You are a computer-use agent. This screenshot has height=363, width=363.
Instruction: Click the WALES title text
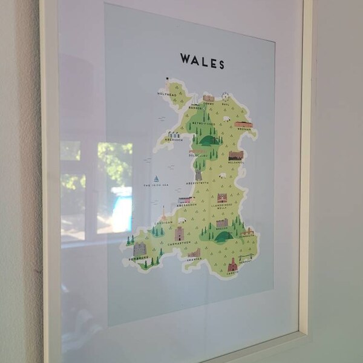[x=202, y=61]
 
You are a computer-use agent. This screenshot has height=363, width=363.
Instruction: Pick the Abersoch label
[x=173, y=140]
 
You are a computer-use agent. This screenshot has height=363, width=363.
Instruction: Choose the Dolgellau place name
[x=198, y=155]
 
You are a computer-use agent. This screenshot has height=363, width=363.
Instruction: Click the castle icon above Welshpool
[x=235, y=155]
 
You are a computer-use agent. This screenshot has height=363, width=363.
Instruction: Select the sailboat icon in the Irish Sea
[x=156, y=180]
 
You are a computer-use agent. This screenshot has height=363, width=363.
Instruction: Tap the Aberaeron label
[x=186, y=204]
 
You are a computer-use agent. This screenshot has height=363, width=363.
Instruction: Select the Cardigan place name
[x=163, y=222]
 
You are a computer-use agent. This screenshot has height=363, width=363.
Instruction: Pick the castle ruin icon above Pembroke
[x=140, y=249]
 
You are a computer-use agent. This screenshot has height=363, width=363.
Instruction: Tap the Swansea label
[x=194, y=259]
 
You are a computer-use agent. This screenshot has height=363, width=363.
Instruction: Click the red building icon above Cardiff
[x=232, y=264]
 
